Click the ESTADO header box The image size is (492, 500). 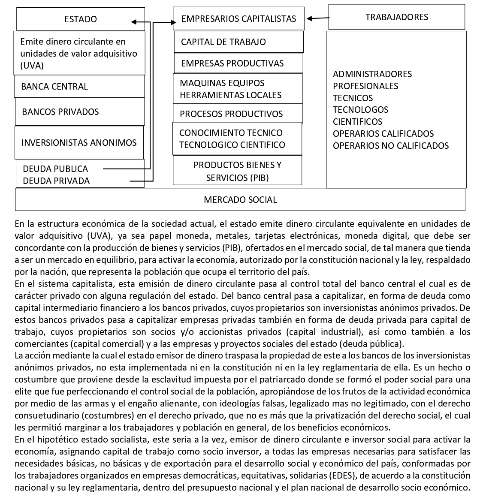coord(81,19)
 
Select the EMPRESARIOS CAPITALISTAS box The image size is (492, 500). coord(238,19)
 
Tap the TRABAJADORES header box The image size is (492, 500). coord(396,17)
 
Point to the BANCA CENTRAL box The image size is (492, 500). coord(80,87)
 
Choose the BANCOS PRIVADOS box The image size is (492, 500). coord(80,112)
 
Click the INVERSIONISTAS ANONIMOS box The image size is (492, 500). coord(79,142)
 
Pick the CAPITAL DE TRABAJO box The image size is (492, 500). coord(238,42)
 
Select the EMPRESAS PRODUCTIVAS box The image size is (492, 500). coord(238,63)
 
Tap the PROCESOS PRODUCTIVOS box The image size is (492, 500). coord(238,114)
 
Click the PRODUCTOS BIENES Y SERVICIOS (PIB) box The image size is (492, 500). coord(237,171)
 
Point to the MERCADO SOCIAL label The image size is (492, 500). coord(240,200)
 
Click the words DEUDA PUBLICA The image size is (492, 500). coord(55,169)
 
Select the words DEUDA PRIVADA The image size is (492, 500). coord(56,181)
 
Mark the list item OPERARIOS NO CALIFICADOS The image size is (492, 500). coord(390,146)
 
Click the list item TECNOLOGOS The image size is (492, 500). coord(360,110)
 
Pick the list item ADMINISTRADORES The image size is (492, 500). coord(372,74)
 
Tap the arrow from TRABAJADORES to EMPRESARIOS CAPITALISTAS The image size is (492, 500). coord(318,18)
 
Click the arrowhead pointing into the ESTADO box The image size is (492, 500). coord(134,22)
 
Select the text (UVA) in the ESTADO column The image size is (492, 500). coord(32,66)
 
